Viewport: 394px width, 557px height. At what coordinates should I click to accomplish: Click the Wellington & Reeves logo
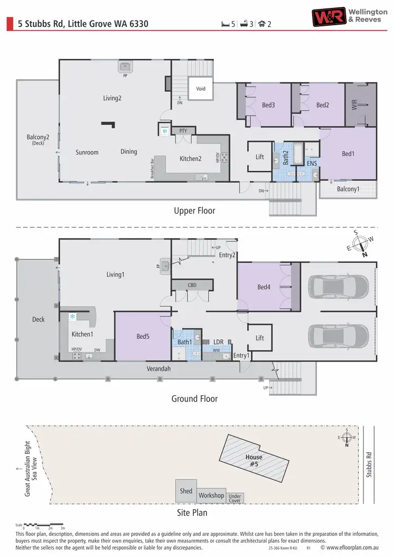coord(349,17)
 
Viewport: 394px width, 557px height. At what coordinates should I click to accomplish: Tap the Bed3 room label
coord(268,105)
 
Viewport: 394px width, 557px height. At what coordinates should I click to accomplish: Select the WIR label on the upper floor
coord(354,105)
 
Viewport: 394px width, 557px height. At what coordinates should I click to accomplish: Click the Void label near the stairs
coord(201,89)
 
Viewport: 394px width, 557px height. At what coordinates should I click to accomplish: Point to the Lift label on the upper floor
coord(260,157)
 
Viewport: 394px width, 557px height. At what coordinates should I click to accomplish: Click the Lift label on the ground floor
coord(260,338)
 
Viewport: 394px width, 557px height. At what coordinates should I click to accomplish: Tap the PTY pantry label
coord(183,130)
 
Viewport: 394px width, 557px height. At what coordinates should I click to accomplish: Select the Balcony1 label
coord(348,189)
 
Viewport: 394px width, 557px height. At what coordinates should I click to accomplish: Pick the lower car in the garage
coord(337,335)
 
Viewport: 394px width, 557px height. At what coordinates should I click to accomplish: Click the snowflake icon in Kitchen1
coord(73,316)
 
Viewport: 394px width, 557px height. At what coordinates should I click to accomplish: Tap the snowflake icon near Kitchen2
coord(164,131)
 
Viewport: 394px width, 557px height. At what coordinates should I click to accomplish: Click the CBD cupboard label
coord(192,285)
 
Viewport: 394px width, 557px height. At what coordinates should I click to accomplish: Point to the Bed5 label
coord(143,336)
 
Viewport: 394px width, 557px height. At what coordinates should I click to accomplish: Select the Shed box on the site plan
coord(186,491)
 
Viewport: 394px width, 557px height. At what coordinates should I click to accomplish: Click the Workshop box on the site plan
coord(211,495)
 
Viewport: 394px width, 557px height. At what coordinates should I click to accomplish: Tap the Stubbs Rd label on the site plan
coord(369,465)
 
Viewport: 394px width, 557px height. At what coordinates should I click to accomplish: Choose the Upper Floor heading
coord(194,211)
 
